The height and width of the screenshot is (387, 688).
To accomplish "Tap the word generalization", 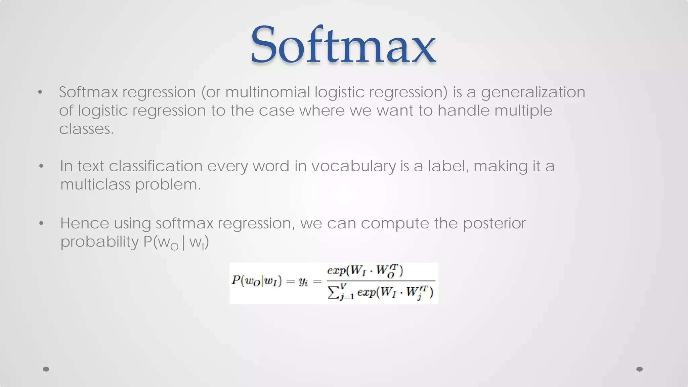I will (x=533, y=92).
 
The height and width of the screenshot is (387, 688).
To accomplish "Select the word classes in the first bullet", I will (x=86, y=129).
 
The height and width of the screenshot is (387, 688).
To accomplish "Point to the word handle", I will (x=463, y=111).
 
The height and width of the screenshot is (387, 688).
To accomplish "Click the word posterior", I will (x=494, y=224).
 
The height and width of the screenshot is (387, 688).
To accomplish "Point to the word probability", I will (x=99, y=242).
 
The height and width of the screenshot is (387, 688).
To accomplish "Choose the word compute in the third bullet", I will (x=394, y=224).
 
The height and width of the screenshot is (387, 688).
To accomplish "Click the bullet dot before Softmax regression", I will (x=40, y=92).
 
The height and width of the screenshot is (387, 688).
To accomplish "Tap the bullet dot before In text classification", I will (x=41, y=166).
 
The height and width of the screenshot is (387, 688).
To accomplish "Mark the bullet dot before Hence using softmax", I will (x=41, y=223).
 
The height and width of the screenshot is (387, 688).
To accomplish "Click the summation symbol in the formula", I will (x=333, y=293).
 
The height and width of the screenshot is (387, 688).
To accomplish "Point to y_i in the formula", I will (x=303, y=282).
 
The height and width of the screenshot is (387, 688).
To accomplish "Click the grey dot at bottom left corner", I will (x=46, y=369).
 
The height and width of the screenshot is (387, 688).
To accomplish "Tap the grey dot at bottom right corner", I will (x=639, y=369).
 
